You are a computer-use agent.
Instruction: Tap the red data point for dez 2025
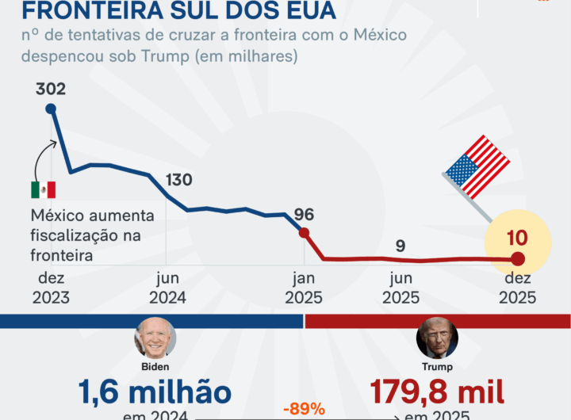pyautogui.click(x=517, y=258)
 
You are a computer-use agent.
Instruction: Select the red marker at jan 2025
pyautogui.click(x=304, y=233)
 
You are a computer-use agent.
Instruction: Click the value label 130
pyautogui.click(x=178, y=180)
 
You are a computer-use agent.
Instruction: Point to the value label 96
pyautogui.click(x=304, y=214)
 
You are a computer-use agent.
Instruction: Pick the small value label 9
pyautogui.click(x=400, y=246)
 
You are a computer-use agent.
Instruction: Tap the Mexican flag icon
pyautogui.click(x=43, y=189)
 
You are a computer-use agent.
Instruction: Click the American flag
pyautogui.click(x=477, y=167)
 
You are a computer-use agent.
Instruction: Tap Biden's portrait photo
pyautogui.click(x=155, y=338)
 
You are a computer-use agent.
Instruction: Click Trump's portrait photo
pyautogui.click(x=437, y=338)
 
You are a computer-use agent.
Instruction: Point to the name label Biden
pyautogui.click(x=155, y=367)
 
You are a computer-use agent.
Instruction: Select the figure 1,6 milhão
pyautogui.click(x=155, y=392)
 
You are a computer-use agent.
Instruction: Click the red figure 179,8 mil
pyautogui.click(x=437, y=392)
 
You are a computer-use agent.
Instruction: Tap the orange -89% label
pyautogui.click(x=304, y=409)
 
